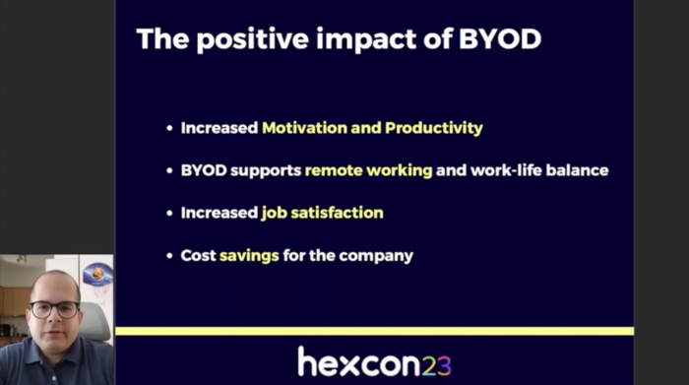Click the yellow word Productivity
(434, 128)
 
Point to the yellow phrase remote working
(368, 170)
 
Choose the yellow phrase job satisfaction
(322, 213)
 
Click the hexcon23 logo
(373, 361)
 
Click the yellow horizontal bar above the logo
(374, 331)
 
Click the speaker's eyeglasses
(55, 308)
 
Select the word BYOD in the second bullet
(205, 170)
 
